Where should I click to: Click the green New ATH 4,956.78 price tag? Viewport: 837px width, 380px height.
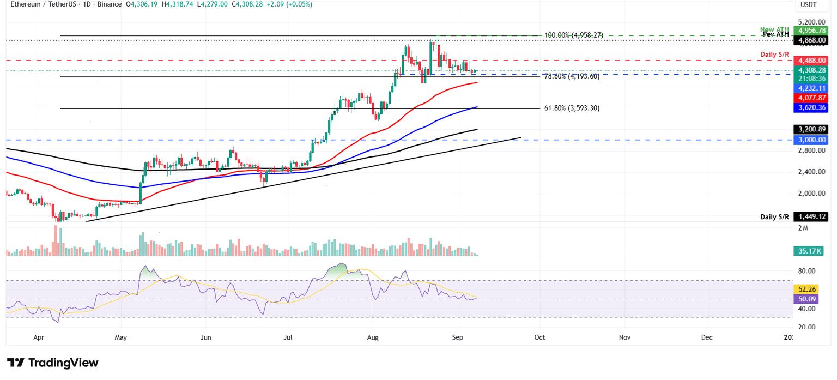click(x=811, y=31)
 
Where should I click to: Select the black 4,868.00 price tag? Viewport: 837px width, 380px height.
click(x=811, y=40)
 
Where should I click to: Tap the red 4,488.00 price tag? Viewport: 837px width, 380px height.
click(x=811, y=61)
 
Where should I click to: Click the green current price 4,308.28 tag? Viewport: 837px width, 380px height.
click(x=811, y=70)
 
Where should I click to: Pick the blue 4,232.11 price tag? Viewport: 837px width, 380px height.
click(x=811, y=88)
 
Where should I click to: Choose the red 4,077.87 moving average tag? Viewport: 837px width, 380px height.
click(x=811, y=98)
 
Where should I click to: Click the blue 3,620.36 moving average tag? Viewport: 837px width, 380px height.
click(x=811, y=108)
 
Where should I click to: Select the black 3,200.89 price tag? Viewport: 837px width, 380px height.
click(x=811, y=129)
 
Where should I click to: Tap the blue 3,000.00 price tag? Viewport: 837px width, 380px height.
click(x=811, y=140)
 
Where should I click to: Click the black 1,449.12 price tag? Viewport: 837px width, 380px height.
click(x=811, y=217)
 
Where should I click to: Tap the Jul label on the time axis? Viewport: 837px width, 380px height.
click(x=288, y=337)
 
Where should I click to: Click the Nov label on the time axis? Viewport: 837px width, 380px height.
click(x=624, y=337)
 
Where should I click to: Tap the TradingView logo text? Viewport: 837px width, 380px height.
click(x=53, y=363)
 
